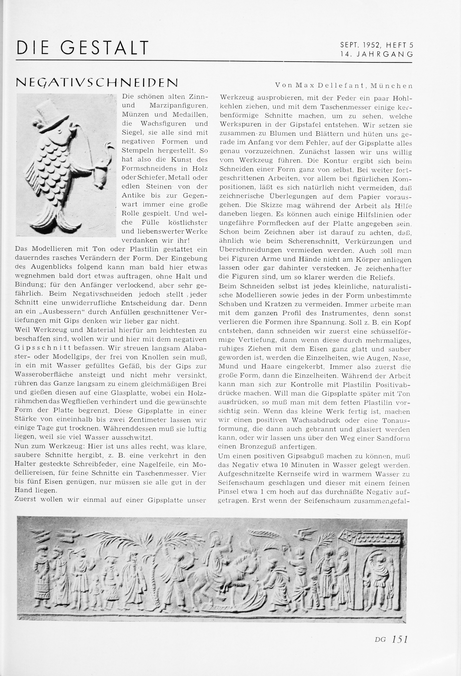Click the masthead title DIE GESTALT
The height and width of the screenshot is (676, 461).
(83, 48)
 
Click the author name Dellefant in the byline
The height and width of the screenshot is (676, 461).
(338, 85)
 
